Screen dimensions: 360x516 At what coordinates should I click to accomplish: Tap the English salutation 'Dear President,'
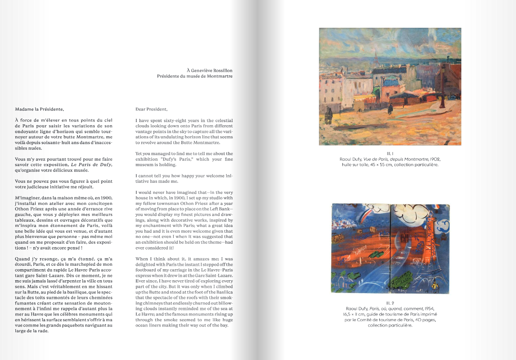pyautogui.click(x=151, y=109)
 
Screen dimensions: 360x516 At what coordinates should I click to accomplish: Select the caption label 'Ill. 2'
pyautogui.click(x=390, y=303)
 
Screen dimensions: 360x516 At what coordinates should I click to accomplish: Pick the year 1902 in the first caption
pyautogui.click(x=433, y=159)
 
